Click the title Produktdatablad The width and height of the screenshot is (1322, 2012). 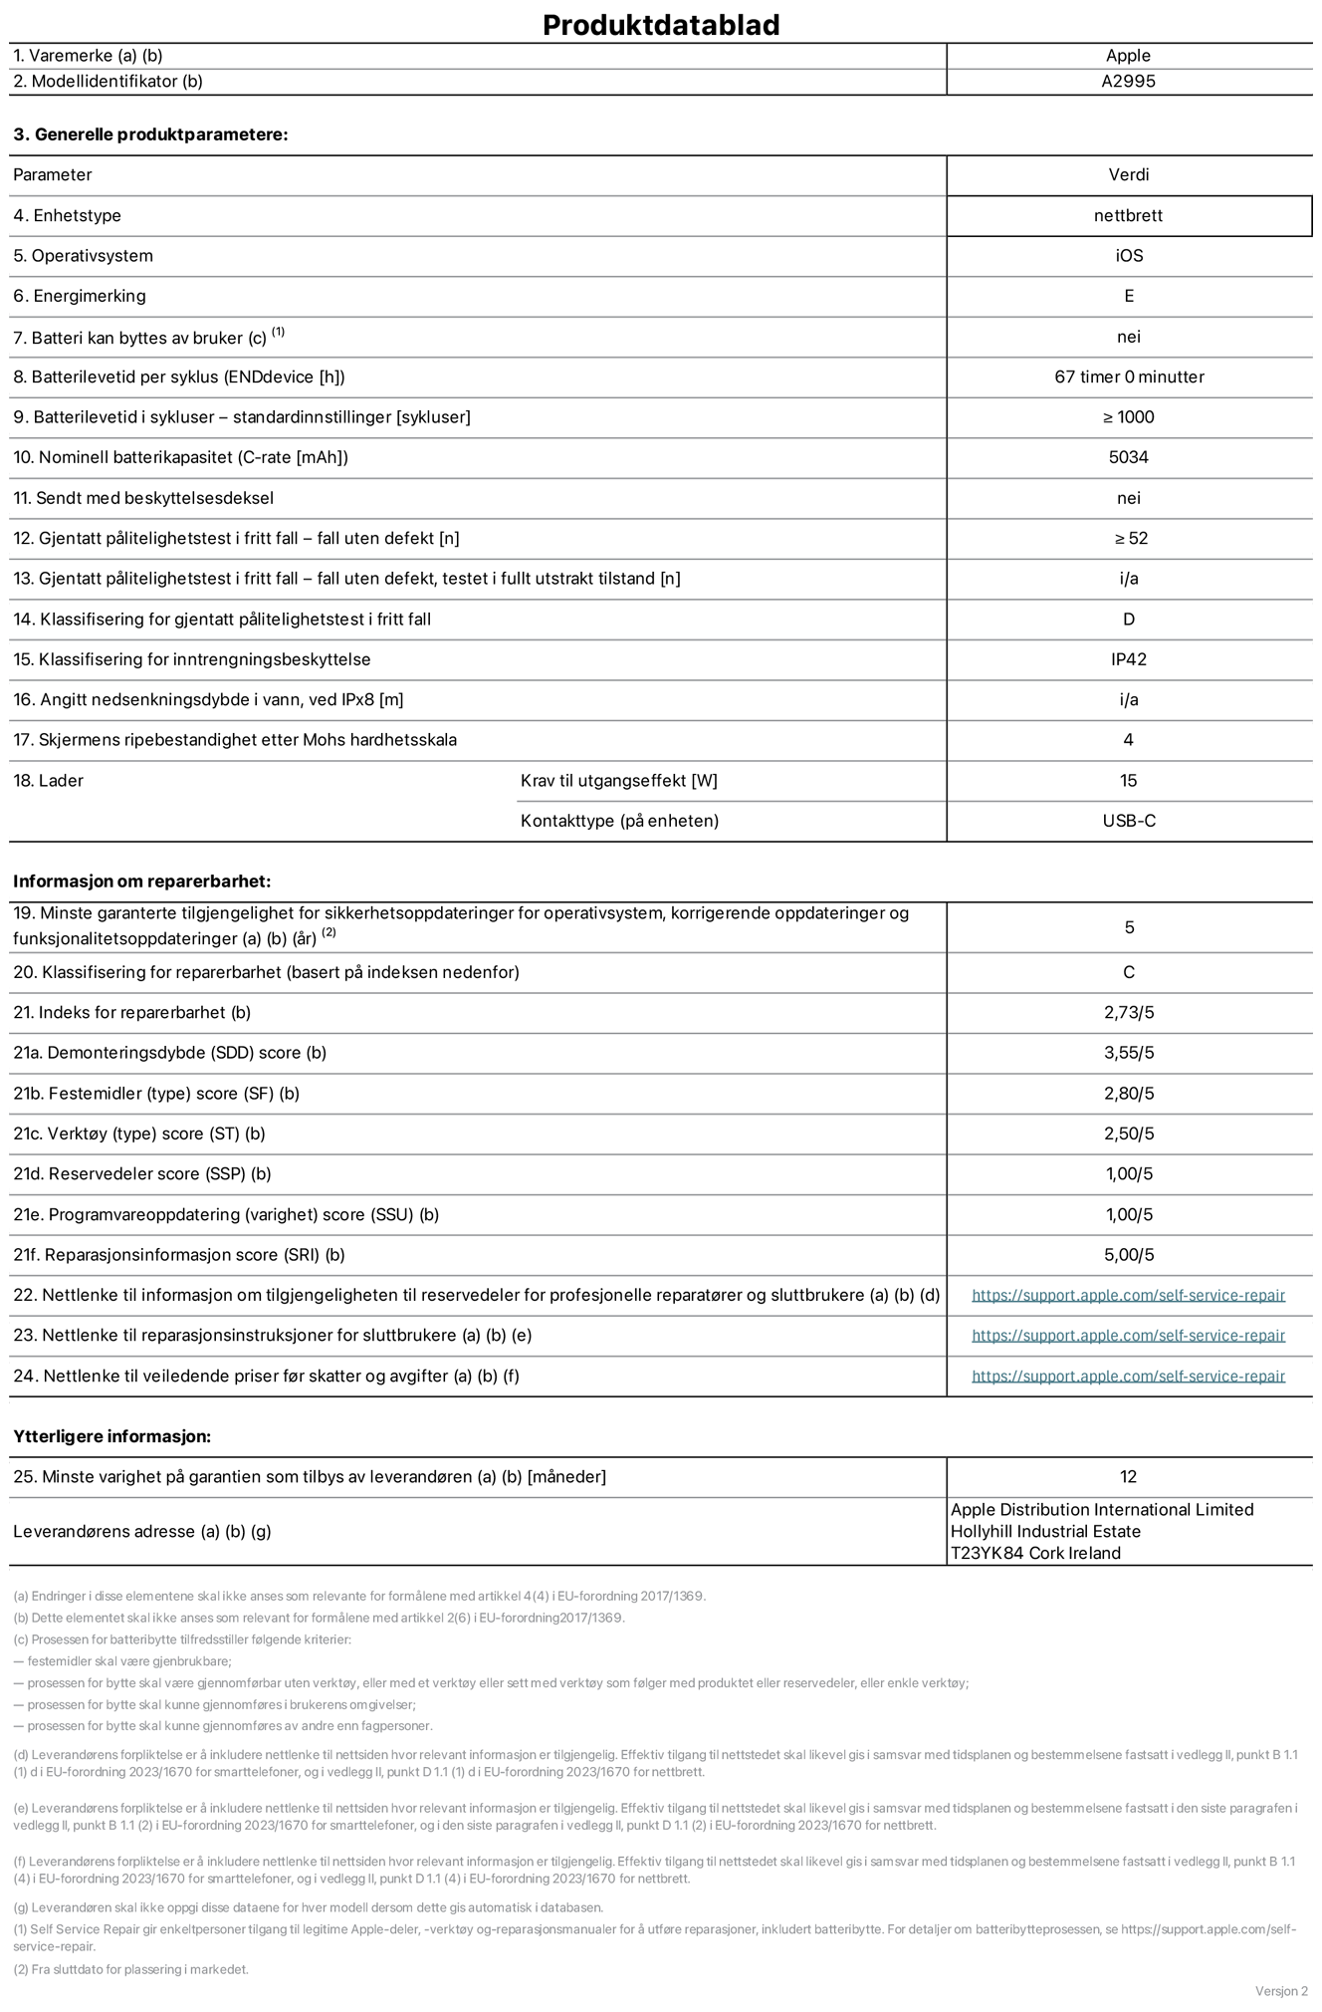tap(660, 25)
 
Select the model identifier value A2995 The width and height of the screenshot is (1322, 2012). tap(1128, 82)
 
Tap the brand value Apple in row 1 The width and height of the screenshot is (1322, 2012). tap(1128, 56)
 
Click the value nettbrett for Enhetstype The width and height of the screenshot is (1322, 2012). tap(1128, 215)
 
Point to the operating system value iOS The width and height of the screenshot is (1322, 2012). tap(1129, 256)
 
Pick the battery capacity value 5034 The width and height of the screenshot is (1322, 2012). tap(1128, 457)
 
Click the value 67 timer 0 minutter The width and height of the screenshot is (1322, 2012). tap(1129, 377)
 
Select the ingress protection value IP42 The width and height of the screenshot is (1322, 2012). tap(1129, 659)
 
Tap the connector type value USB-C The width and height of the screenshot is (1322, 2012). tap(1129, 821)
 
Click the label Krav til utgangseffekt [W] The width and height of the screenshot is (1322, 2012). tap(618, 781)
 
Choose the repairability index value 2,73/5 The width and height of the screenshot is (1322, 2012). tap(1129, 1013)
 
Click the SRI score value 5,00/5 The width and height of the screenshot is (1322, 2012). tap(1129, 1255)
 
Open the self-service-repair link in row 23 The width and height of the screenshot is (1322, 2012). tap(1128, 1336)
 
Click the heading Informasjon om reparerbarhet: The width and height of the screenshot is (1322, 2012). tap(141, 881)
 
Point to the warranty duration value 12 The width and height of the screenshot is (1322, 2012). tap(1128, 1477)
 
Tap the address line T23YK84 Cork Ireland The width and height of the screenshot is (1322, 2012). tap(1035, 1553)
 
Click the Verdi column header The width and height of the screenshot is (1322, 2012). tap(1128, 174)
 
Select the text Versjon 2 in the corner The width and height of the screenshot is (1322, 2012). tap(1281, 1991)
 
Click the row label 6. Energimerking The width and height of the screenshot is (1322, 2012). tap(80, 296)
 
